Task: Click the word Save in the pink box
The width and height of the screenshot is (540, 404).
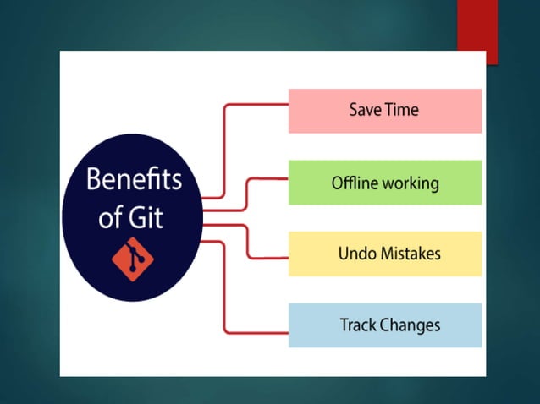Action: pos(365,111)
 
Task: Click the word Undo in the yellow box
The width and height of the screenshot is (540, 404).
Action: pos(355,254)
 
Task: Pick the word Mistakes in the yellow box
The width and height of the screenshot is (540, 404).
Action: pos(410,254)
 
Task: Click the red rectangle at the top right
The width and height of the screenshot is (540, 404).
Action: pos(477,30)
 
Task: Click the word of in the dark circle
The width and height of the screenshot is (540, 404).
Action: pos(111,217)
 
